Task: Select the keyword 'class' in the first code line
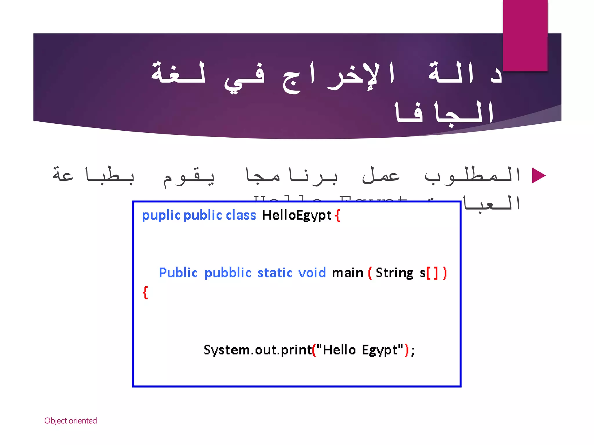pos(241,215)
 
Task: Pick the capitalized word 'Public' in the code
pos(178,273)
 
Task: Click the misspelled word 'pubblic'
pos(228,273)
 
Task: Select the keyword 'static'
pos(275,273)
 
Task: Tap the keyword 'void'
pos(312,273)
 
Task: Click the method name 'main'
pos(347,273)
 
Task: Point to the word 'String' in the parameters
pos(394,273)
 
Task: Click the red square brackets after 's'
pos(432,273)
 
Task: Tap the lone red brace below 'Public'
pos(145,293)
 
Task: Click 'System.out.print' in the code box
pos(258,350)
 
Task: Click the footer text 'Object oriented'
pos(70,421)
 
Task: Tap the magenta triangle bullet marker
pos(539,176)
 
